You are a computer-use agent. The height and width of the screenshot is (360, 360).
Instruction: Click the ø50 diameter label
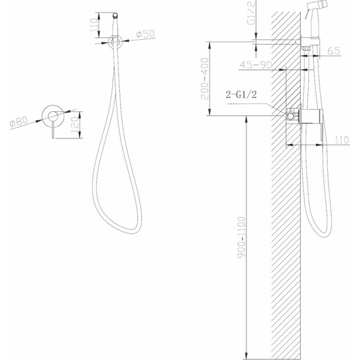(x=145, y=34)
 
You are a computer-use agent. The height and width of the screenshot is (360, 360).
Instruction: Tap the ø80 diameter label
(x=18, y=121)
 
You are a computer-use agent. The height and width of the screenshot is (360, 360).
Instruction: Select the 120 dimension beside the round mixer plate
(x=75, y=124)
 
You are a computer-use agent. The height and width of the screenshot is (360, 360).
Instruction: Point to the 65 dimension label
(x=333, y=51)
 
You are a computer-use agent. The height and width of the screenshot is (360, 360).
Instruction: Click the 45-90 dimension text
(x=256, y=65)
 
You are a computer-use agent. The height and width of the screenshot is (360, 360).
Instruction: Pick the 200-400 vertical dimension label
(x=205, y=79)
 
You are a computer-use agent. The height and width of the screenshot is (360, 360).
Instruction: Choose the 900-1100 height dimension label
(x=241, y=237)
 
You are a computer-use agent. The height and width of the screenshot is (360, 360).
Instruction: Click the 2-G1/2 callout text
(x=241, y=94)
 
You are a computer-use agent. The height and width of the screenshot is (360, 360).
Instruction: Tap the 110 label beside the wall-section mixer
(x=342, y=140)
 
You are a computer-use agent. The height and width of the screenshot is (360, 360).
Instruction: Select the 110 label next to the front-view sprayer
(x=94, y=25)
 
